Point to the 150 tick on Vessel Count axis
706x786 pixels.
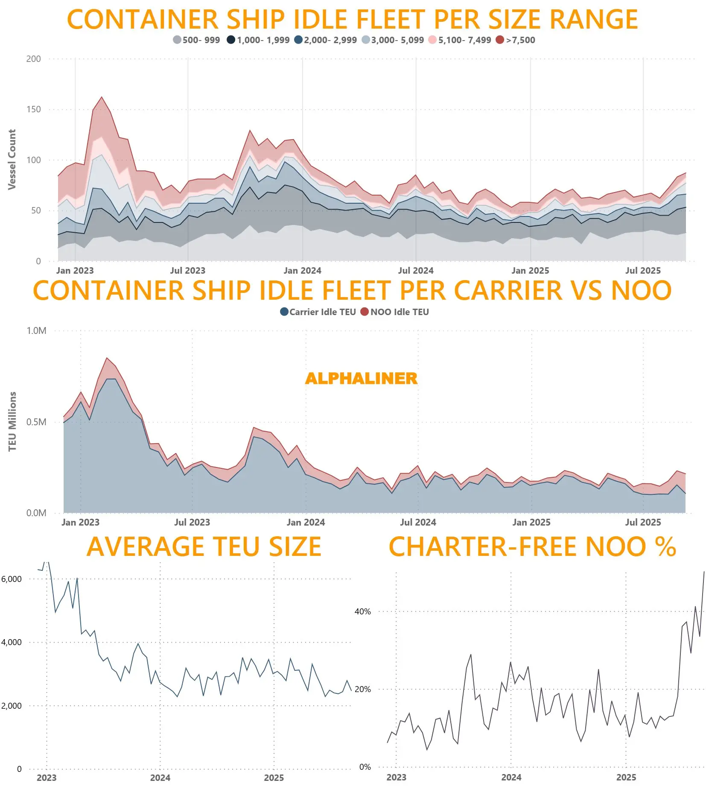coord(34,109)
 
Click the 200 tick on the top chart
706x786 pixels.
coord(34,59)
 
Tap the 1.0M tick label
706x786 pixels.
coord(36,331)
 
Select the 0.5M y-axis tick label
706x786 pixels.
coord(36,422)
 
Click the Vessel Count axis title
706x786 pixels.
coord(12,159)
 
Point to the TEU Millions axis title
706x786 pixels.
coord(12,421)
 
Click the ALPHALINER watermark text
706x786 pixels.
coord(361,378)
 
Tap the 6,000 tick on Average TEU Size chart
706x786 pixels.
coord(12,579)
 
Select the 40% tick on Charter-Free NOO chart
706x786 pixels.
coord(363,611)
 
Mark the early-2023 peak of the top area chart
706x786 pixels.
coord(102,97)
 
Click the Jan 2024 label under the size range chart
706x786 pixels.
coord(302,271)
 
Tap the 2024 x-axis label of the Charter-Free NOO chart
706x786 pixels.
coord(511,777)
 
